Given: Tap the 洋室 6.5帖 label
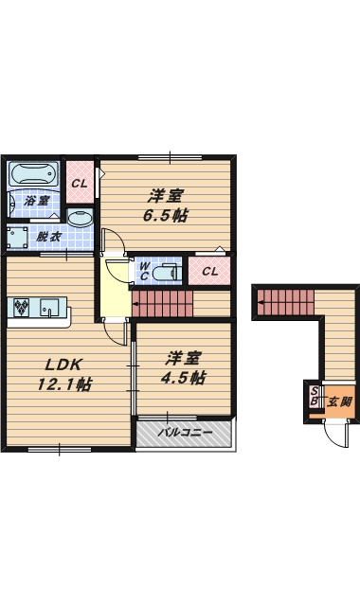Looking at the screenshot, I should tap(165, 205).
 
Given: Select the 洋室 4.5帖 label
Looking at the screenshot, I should tap(184, 367).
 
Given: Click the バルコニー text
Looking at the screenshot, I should tap(184, 432).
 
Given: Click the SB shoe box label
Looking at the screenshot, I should tap(314, 396).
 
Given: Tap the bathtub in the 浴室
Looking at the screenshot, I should tap(33, 175).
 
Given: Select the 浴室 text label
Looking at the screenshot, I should tap(36, 202).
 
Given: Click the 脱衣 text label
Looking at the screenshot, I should tap(48, 237).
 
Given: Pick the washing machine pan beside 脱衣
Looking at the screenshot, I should tap(16, 237).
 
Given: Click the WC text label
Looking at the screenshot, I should tap(144, 272).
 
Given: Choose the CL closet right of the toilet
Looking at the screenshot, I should tap(210, 272).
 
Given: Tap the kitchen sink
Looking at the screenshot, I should tap(51, 307).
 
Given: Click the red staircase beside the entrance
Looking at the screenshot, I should tap(285, 303).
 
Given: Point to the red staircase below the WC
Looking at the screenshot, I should tap(162, 304).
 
